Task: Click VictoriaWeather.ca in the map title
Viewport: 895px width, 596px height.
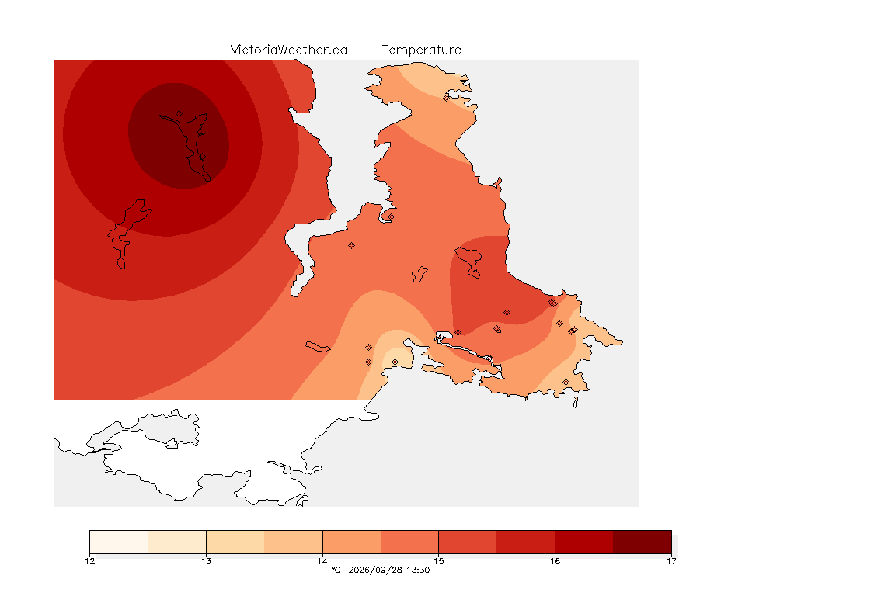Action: click(289, 50)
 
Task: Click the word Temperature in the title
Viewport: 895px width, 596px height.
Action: click(421, 50)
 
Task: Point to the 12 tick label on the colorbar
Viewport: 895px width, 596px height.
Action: click(89, 561)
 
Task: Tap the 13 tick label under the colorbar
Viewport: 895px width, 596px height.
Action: click(206, 561)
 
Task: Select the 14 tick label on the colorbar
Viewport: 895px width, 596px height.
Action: click(322, 561)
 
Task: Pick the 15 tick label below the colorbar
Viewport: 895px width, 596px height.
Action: click(438, 561)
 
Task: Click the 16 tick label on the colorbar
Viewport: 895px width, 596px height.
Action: click(555, 561)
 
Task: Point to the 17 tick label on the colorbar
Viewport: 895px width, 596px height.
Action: click(671, 561)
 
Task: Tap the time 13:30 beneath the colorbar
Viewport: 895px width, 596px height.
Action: click(418, 570)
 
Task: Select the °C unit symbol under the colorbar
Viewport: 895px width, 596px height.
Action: click(336, 570)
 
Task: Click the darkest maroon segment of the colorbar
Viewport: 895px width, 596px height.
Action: click(643, 542)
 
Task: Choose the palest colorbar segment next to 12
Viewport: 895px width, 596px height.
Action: click(119, 542)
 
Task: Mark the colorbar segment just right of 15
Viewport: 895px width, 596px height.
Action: click(468, 542)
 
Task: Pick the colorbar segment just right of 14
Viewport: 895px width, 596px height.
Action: click(352, 542)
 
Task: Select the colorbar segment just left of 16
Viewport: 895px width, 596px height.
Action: click(526, 542)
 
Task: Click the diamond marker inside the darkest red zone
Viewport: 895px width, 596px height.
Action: click(179, 114)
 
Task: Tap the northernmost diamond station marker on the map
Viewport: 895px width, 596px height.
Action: click(447, 98)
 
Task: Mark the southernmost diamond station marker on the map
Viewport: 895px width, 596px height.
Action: click(566, 382)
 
